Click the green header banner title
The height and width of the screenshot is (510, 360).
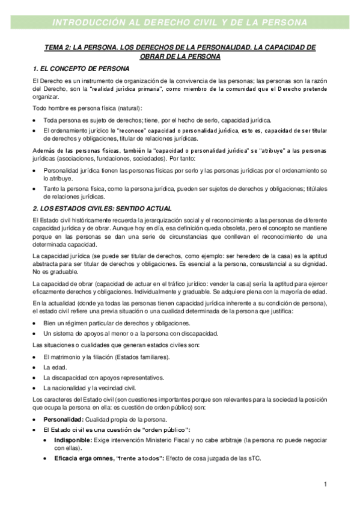coord(180,23)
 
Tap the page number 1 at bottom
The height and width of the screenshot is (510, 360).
coord(325,484)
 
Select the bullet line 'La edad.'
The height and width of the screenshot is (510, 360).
coord(55,367)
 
